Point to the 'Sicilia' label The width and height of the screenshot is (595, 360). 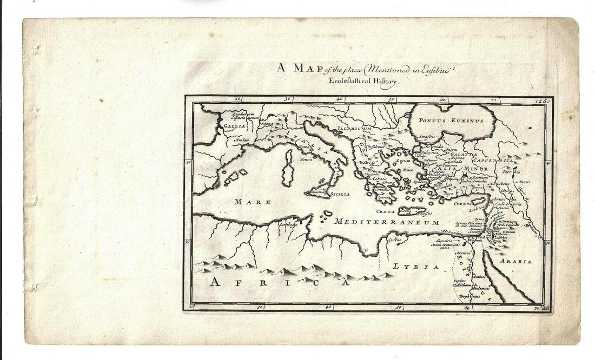click(x=340, y=194)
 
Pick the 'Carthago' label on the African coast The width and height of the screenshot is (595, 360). click(x=288, y=224)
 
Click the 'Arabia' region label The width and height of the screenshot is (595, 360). click(x=515, y=261)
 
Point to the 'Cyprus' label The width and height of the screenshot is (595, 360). click(x=462, y=204)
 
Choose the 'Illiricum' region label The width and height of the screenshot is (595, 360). click(x=355, y=129)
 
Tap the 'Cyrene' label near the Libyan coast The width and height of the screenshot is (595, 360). click(x=395, y=239)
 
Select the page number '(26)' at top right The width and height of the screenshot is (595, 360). click(x=542, y=101)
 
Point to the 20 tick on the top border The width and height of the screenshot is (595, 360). click(x=237, y=99)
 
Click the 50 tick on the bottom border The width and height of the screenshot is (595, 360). click(x=398, y=308)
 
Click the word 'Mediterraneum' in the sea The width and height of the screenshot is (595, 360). click(x=386, y=222)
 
